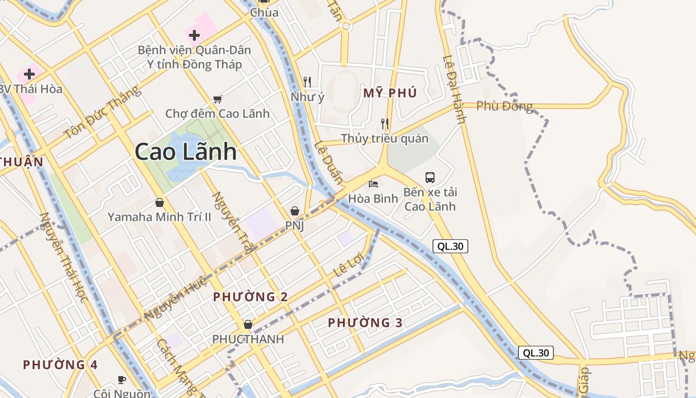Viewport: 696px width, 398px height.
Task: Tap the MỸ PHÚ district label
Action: pyautogui.click(x=390, y=93)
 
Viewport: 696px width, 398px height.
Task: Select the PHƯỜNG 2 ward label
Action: pyautogui.click(x=251, y=297)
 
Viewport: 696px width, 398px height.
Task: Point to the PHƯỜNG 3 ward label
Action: pyautogui.click(x=365, y=323)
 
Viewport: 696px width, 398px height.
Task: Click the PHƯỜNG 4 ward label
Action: pyautogui.click(x=60, y=365)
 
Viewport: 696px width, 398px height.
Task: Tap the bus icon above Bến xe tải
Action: pyautogui.click(x=430, y=177)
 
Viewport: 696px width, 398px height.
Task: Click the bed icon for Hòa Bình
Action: pyautogui.click(x=373, y=185)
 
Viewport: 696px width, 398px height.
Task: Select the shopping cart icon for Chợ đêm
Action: pyautogui.click(x=217, y=99)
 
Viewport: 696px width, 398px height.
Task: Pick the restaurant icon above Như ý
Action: pyautogui.click(x=307, y=82)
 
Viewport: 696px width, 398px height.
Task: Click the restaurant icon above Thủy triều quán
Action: pyautogui.click(x=384, y=123)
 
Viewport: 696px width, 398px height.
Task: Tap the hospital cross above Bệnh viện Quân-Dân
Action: pyautogui.click(x=194, y=35)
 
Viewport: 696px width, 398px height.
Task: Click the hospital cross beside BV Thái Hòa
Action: pyautogui.click(x=29, y=74)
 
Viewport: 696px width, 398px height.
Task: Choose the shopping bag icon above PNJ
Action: pyautogui.click(x=294, y=211)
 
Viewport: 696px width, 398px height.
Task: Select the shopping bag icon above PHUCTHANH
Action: pyautogui.click(x=248, y=324)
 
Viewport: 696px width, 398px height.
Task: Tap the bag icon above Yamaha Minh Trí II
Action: pyautogui.click(x=160, y=202)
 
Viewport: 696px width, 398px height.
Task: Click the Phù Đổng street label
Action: pyautogui.click(x=504, y=106)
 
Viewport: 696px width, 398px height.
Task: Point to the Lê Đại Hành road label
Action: pyautogui.click(x=454, y=89)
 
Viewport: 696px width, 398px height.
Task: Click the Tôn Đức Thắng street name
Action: pyautogui.click(x=102, y=113)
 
